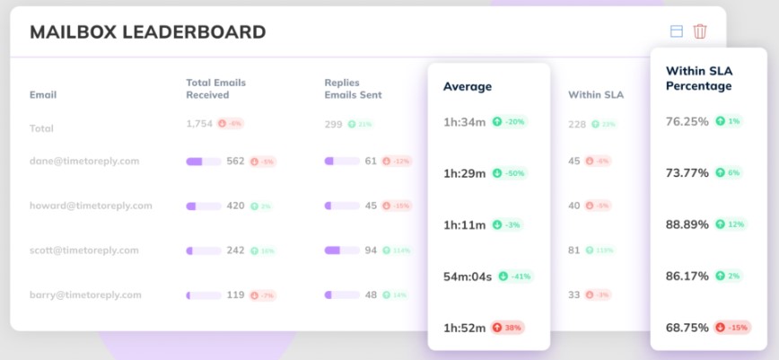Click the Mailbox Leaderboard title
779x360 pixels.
tap(147, 32)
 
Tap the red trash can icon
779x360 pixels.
tap(700, 31)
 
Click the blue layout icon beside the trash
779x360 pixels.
tap(676, 31)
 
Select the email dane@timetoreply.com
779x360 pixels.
tap(84, 162)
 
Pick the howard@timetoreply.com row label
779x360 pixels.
tap(91, 206)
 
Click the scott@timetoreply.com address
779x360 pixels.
tap(84, 250)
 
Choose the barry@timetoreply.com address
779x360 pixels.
tap(85, 294)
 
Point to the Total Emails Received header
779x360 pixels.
tap(215, 88)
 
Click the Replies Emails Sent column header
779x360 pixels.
tap(354, 88)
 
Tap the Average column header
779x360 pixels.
tap(468, 87)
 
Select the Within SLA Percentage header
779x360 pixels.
tap(698, 78)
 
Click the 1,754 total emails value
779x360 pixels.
tap(199, 124)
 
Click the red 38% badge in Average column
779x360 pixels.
tap(507, 328)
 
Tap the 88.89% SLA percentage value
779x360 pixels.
tap(687, 224)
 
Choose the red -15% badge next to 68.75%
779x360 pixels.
tap(731, 328)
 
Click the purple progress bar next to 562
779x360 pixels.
tap(203, 162)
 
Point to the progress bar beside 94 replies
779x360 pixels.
tap(341, 250)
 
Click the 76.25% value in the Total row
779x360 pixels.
tap(687, 121)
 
